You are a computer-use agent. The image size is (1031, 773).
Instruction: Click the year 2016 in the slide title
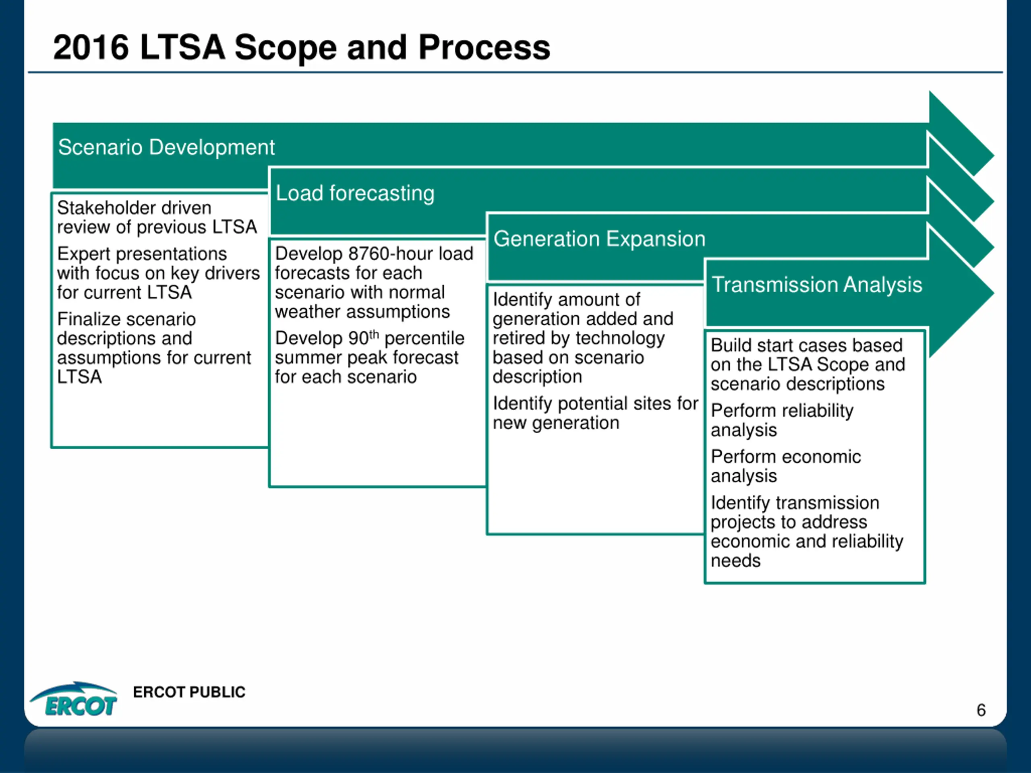91,48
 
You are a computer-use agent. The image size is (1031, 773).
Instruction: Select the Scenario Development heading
166,147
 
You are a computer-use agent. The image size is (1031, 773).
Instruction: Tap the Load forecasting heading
355,193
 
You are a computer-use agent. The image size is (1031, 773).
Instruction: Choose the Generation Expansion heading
599,239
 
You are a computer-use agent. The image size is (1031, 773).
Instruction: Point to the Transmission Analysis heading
817,284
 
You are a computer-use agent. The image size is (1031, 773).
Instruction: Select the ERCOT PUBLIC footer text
189,692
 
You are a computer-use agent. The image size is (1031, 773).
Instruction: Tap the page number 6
981,710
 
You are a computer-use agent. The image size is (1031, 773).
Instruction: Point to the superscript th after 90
374,334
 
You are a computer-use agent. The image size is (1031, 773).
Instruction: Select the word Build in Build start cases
729,345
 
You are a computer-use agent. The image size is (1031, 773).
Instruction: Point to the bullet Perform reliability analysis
782,420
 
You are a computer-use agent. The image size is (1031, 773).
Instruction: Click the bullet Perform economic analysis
785,466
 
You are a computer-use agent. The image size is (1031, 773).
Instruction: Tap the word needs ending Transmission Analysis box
735,561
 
